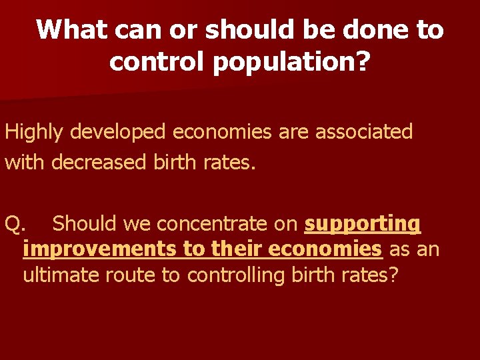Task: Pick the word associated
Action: (x=364, y=131)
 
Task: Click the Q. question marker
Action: (x=15, y=223)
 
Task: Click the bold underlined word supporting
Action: (x=362, y=223)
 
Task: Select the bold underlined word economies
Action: (x=324, y=249)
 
